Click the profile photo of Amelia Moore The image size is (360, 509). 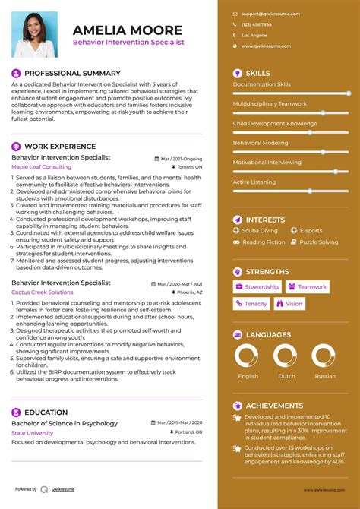(x=34, y=36)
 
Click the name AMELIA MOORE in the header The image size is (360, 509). (x=128, y=30)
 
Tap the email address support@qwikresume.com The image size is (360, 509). (x=271, y=14)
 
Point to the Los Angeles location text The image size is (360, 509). (x=254, y=36)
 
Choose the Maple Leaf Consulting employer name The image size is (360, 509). (x=41, y=166)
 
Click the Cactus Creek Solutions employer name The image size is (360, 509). (x=43, y=292)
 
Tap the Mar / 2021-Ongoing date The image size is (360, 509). (x=182, y=158)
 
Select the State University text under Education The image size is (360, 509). (x=33, y=432)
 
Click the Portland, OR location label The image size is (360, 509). (x=188, y=432)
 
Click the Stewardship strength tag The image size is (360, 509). (x=257, y=287)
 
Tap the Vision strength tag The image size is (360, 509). (x=289, y=304)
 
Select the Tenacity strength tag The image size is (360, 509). (x=251, y=304)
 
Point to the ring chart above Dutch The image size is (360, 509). (x=285, y=356)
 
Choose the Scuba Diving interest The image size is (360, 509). (x=260, y=230)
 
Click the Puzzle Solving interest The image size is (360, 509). (x=318, y=242)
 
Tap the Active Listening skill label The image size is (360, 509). (x=254, y=182)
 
